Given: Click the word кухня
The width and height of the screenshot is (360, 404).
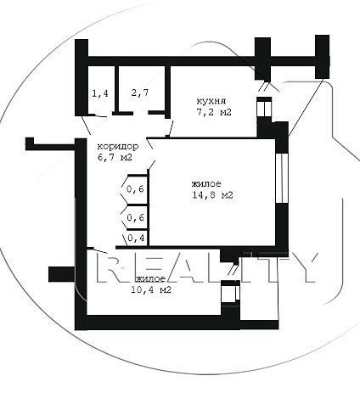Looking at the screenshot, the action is pyautogui.click(x=211, y=101).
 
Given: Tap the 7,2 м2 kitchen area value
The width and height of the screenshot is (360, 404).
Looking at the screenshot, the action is pyautogui.click(x=214, y=112).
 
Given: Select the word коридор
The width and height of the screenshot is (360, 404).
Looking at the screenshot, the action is pyautogui.click(x=118, y=147).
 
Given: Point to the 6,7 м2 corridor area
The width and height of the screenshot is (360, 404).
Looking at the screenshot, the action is pyautogui.click(x=115, y=157).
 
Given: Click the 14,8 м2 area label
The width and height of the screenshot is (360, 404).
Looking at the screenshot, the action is pyautogui.click(x=212, y=195).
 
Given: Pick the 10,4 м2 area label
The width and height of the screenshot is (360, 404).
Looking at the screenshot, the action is pyautogui.click(x=151, y=289).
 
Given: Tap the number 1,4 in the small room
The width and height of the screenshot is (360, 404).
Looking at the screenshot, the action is pyautogui.click(x=100, y=93).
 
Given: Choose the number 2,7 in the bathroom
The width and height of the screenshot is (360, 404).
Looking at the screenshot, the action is pyautogui.click(x=140, y=93).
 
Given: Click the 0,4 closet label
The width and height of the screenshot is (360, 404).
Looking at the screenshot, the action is pyautogui.click(x=136, y=238).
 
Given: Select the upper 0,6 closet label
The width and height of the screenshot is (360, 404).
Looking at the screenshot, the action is pyautogui.click(x=136, y=189).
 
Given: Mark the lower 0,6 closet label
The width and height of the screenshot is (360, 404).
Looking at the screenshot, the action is pyautogui.click(x=136, y=217).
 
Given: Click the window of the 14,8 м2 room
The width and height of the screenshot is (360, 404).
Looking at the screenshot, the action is pyautogui.click(x=281, y=178).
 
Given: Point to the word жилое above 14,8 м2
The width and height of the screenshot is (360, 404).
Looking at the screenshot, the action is pyautogui.click(x=206, y=184).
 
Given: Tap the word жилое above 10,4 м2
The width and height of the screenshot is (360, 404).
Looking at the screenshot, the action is pyautogui.click(x=151, y=278).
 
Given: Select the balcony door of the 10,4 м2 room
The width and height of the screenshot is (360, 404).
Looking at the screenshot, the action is pyautogui.click(x=230, y=292).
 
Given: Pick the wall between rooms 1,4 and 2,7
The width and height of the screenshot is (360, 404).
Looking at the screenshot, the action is pyautogui.click(x=116, y=89).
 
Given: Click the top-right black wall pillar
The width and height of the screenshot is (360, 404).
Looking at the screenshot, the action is pyautogui.click(x=323, y=57).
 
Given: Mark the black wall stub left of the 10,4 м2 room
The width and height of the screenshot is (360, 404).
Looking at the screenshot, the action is pyautogui.click(x=62, y=274).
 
